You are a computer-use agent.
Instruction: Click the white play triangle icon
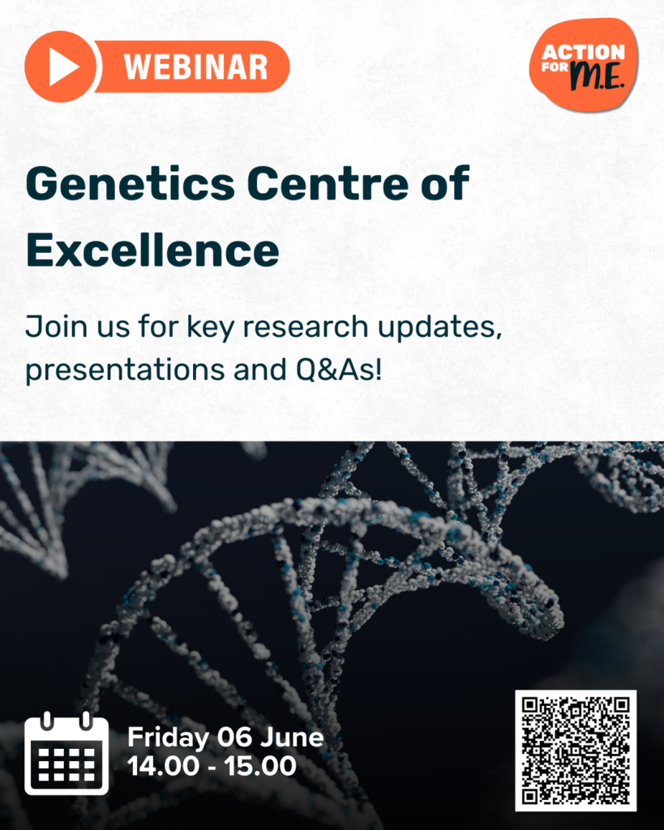tap(62, 66)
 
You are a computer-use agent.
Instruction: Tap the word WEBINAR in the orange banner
tap(196, 66)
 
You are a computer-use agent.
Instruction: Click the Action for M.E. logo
tap(584, 66)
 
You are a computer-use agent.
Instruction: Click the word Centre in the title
tap(328, 184)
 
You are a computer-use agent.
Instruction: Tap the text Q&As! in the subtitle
tap(339, 369)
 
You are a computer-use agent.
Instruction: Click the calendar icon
tap(66, 753)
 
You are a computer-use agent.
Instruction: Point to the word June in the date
tap(291, 738)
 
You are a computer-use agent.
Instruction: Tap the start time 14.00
tap(163, 766)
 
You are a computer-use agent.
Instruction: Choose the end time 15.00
tap(260, 766)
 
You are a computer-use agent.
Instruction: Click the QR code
tap(576, 751)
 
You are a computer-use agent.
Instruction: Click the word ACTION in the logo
tap(583, 52)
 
